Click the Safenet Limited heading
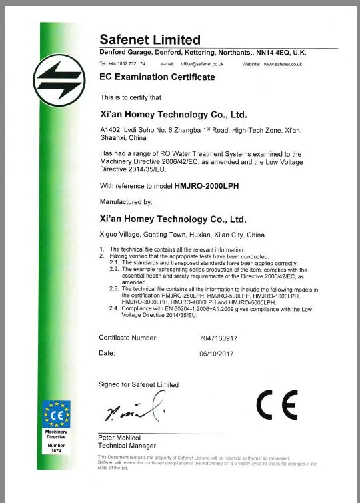click(x=150, y=40)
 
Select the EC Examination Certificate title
click(x=157, y=77)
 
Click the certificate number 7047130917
click(x=219, y=338)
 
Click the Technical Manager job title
click(x=127, y=446)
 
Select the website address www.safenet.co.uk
click(x=283, y=64)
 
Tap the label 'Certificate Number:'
click(x=128, y=338)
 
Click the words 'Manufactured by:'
click(x=126, y=201)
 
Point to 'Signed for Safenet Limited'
click(x=139, y=385)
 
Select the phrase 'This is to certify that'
click(x=131, y=97)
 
